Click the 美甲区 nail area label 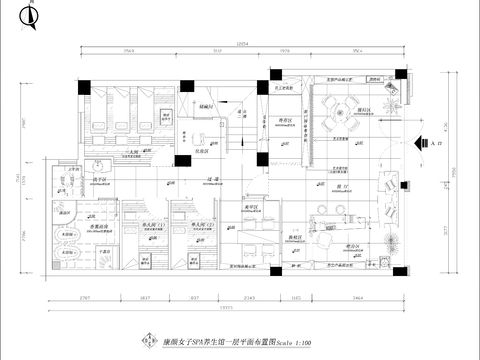(x=253, y=212)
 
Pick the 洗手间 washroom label (x=74, y=184)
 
